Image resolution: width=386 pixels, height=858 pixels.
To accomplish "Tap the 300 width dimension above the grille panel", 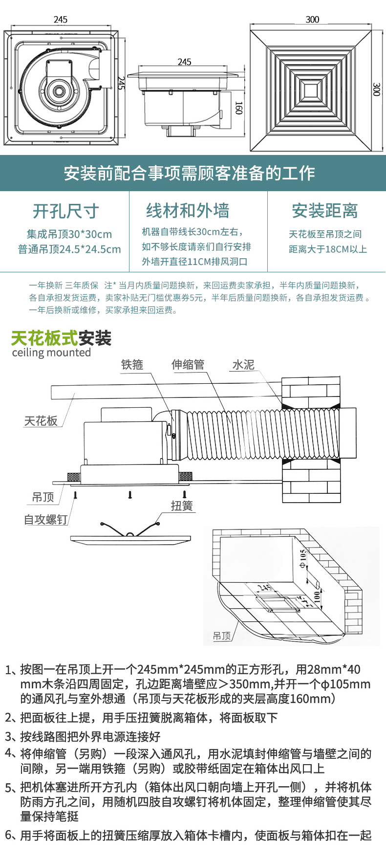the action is pos(312,20).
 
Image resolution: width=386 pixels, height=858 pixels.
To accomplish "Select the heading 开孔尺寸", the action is pos(65,211).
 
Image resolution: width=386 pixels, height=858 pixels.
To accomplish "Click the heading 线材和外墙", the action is pos(188,211).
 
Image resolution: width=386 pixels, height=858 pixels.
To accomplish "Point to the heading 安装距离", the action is pos(325,211).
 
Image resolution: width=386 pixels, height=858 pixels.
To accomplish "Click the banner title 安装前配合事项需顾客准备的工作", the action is pos(190,173).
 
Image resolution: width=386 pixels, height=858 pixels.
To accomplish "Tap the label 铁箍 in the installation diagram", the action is pos(132,365).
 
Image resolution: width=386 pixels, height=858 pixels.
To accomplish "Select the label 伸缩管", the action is pos(188,365).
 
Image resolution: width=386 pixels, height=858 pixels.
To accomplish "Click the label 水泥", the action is pos(243,365).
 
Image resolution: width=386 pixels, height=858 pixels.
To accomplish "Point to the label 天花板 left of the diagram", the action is pos(41,421).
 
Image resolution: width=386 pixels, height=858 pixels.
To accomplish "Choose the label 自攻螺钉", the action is pos(45,519).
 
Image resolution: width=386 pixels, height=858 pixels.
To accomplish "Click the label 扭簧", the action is pos(182,506).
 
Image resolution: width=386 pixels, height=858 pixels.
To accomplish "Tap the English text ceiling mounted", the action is pos(51,352).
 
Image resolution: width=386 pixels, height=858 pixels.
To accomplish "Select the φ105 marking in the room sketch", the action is pos(302,559).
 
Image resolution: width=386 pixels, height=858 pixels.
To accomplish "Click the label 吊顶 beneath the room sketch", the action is pos(222,636).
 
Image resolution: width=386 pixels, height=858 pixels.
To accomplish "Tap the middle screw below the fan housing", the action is pos(130,495).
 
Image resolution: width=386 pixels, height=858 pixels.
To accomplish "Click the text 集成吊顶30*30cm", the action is pos(69,234).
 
